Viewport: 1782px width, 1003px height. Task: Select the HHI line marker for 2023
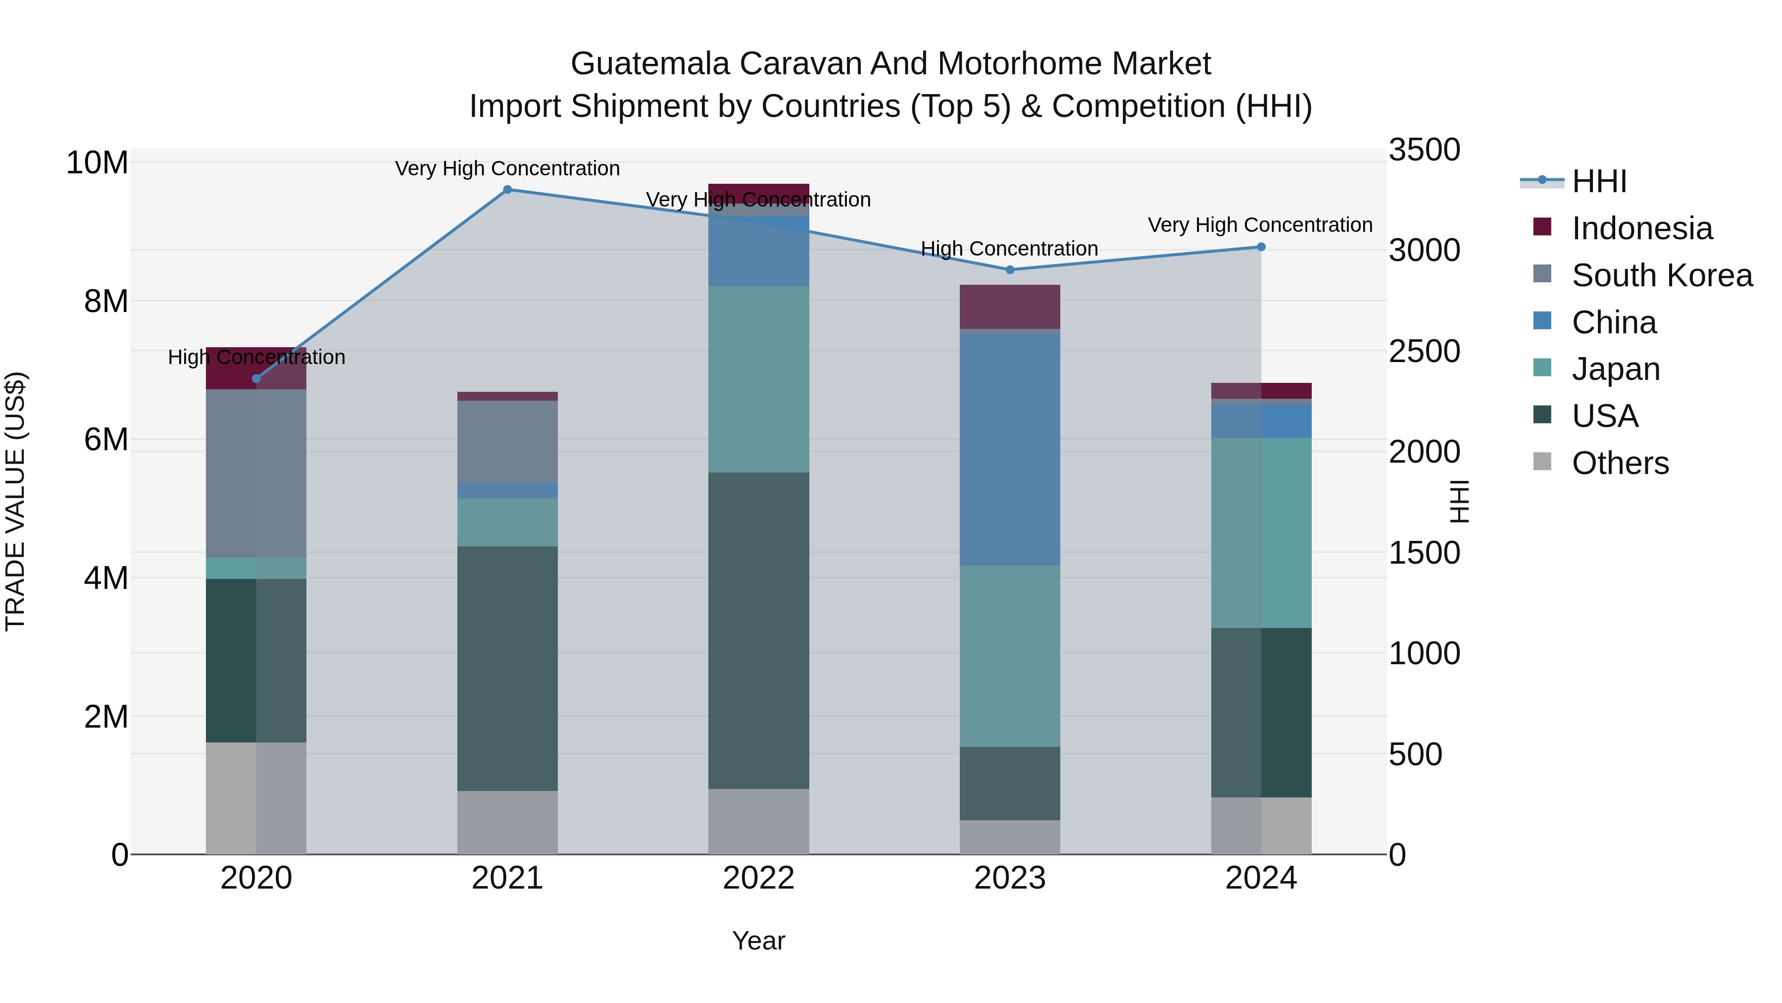tap(1009, 270)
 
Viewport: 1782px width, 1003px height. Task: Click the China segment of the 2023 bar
tap(1009, 450)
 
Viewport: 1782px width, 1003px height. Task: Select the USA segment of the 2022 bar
tap(758, 630)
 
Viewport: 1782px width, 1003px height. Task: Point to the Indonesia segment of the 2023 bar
tap(1009, 307)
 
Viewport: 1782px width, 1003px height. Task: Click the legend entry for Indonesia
tap(1641, 228)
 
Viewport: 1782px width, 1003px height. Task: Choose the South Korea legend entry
tap(1662, 275)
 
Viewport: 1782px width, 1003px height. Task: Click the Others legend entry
tap(1620, 463)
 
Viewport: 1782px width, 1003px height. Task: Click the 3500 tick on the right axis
tap(1424, 150)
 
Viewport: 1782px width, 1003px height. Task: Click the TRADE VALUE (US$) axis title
tap(15, 501)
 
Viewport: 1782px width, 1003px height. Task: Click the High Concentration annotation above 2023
tap(1009, 249)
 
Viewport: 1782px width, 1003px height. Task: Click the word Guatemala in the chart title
tap(649, 64)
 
